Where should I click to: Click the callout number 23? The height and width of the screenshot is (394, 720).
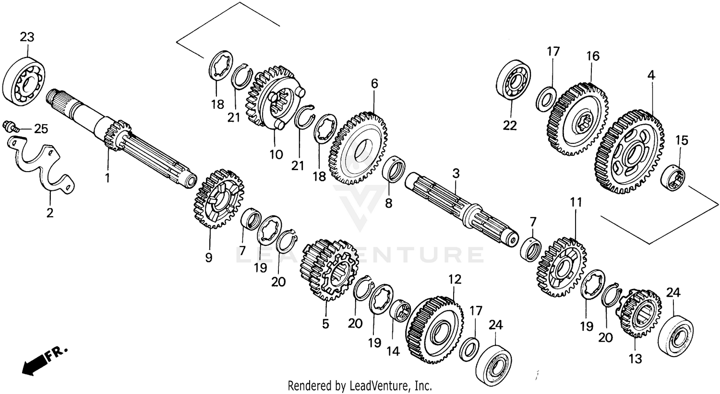27,37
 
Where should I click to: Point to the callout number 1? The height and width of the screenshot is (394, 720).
108,178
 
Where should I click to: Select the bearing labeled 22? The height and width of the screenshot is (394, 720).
513,82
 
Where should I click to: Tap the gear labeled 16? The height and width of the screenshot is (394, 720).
577,119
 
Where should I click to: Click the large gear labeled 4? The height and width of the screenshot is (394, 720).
629,151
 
